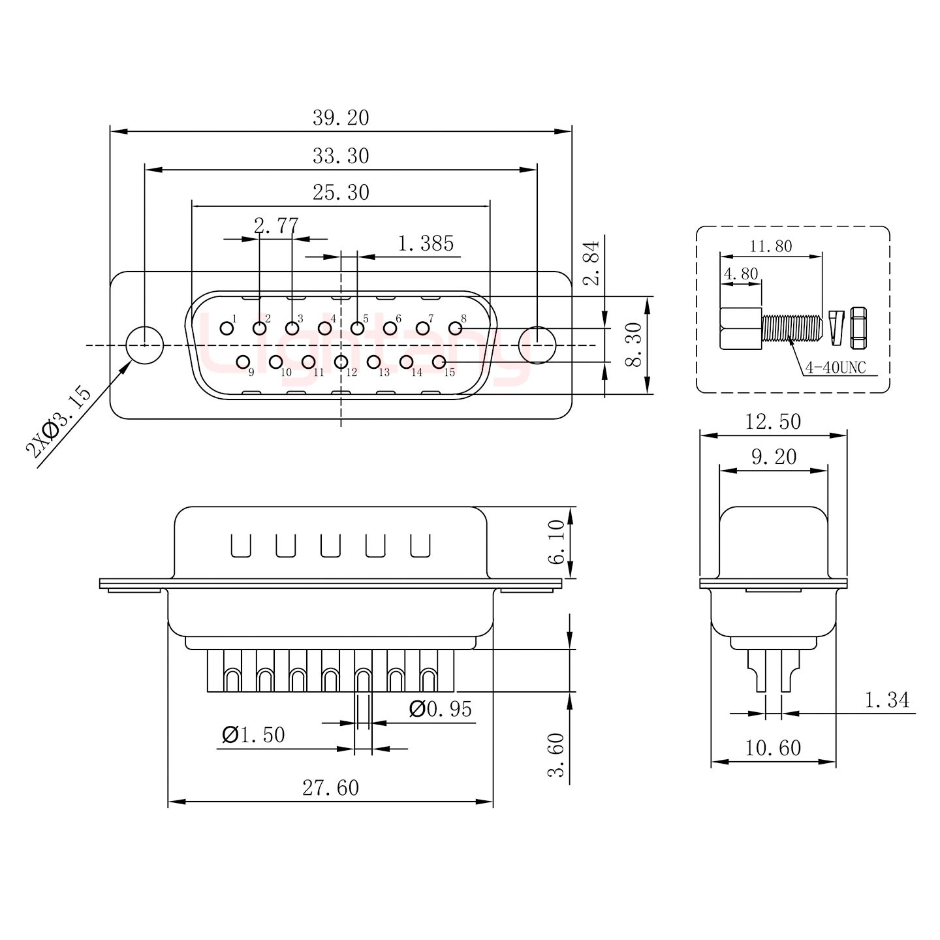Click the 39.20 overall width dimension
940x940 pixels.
coord(340,118)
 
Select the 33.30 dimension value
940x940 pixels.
coord(340,156)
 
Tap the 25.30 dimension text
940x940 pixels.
coord(340,193)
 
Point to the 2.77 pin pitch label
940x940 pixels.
coord(275,227)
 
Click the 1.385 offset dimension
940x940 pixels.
coord(426,243)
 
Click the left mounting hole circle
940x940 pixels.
coord(144,345)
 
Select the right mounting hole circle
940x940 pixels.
coord(537,345)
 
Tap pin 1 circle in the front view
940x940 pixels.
coord(227,328)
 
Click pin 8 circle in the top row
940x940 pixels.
coord(455,328)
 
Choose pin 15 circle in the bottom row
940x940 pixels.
coord(439,362)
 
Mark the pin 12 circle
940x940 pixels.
coord(341,362)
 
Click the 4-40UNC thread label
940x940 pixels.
coord(835,368)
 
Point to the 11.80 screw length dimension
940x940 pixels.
coord(770,246)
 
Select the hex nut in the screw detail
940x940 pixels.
coord(858,328)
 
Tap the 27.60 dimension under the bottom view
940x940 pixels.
coord(330,788)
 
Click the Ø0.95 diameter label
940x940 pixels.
coord(440,709)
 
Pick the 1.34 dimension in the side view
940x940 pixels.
coord(886,700)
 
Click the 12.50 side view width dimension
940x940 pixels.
coord(773,422)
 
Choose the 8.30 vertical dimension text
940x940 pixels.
coord(633,345)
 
